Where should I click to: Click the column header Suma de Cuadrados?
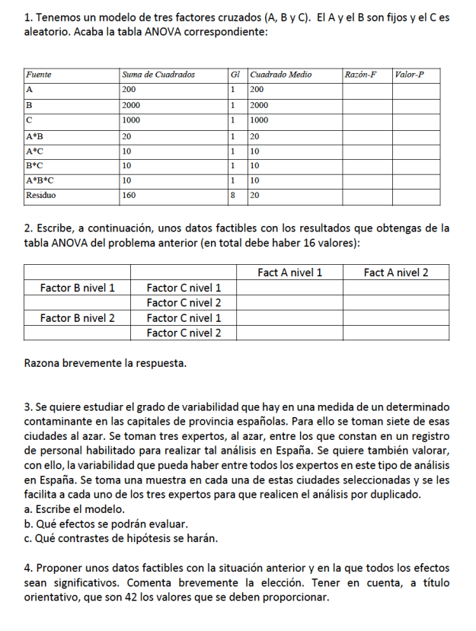tap(158, 75)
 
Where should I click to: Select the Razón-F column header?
tap(361, 75)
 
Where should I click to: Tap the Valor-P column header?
tap(410, 75)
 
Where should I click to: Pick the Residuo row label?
tap(41, 195)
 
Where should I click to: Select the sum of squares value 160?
tap(129, 195)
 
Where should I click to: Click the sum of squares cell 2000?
tap(131, 104)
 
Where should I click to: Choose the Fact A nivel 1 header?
tap(289, 272)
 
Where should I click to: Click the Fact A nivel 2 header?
tap(396, 272)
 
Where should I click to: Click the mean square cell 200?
tap(257, 89)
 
